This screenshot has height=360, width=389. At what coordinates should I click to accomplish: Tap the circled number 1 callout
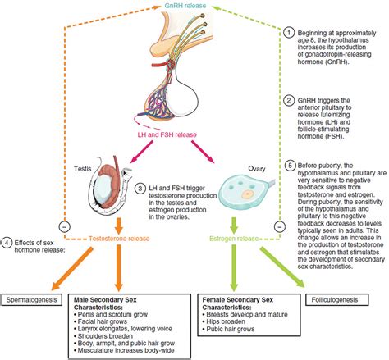tap(289, 31)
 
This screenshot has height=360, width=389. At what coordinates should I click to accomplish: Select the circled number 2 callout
tap(289, 101)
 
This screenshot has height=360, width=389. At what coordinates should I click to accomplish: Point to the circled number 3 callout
tap(141, 189)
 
